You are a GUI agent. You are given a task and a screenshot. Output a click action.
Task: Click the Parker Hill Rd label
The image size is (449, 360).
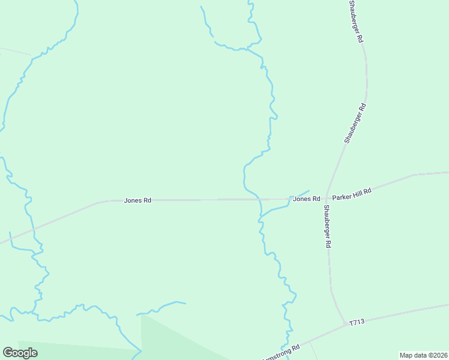(352, 194)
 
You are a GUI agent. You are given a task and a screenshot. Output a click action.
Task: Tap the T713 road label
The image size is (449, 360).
(357, 323)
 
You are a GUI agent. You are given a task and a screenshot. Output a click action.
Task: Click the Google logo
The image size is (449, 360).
(20, 353)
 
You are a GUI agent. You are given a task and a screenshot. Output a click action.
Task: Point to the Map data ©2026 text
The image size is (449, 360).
(423, 355)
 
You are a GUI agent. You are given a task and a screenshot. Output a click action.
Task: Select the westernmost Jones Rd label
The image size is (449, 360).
(137, 200)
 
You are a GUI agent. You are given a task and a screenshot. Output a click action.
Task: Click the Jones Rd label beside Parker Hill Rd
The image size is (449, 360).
(306, 199)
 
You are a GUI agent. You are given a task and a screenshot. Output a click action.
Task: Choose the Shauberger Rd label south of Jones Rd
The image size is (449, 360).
(328, 227)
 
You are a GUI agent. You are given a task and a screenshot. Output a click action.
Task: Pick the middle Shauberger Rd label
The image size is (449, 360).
(355, 123)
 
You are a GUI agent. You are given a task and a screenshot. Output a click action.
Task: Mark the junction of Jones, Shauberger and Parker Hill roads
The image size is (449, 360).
(326, 199)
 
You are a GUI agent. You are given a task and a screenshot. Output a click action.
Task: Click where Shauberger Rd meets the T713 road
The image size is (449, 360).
(343, 325)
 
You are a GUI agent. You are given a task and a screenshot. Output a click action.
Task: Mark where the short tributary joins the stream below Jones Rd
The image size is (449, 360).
(260, 218)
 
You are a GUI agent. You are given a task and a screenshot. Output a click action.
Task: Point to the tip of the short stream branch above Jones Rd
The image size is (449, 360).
(309, 191)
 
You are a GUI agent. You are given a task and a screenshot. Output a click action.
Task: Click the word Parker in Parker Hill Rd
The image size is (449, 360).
(343, 196)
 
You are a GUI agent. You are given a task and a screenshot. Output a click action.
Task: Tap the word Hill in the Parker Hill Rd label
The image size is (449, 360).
(358, 193)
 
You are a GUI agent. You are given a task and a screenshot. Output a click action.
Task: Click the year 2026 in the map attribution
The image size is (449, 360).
(439, 355)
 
